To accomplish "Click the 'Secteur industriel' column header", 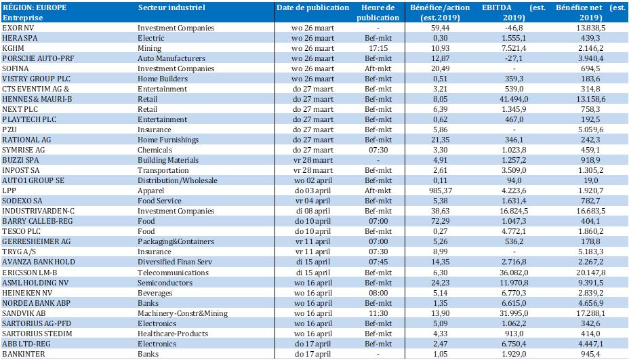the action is click(x=171, y=7).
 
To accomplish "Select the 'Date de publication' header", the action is click(x=313, y=7).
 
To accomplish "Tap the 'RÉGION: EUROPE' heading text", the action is click(x=35, y=7).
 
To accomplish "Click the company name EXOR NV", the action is click(x=18, y=28).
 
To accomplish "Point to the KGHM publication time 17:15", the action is click(x=378, y=48).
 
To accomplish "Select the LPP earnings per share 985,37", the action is click(x=440, y=191).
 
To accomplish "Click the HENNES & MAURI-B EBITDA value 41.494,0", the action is click(x=514, y=99).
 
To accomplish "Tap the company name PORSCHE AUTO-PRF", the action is click(x=38, y=58).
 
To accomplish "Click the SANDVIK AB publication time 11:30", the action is click(x=378, y=313).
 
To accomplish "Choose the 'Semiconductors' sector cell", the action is click(x=165, y=283).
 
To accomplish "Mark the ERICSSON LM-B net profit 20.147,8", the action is click(x=590, y=273).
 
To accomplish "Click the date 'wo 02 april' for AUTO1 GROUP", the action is click(x=313, y=180).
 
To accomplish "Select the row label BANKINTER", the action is click(x=23, y=354).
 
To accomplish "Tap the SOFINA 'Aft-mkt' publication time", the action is click(x=378, y=68).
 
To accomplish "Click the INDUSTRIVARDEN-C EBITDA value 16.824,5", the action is click(x=514, y=211).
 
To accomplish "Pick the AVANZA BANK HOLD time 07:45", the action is click(x=378, y=262).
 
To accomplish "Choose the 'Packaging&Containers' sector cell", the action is click(x=176, y=241).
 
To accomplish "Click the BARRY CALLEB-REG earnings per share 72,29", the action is click(x=440, y=221).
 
